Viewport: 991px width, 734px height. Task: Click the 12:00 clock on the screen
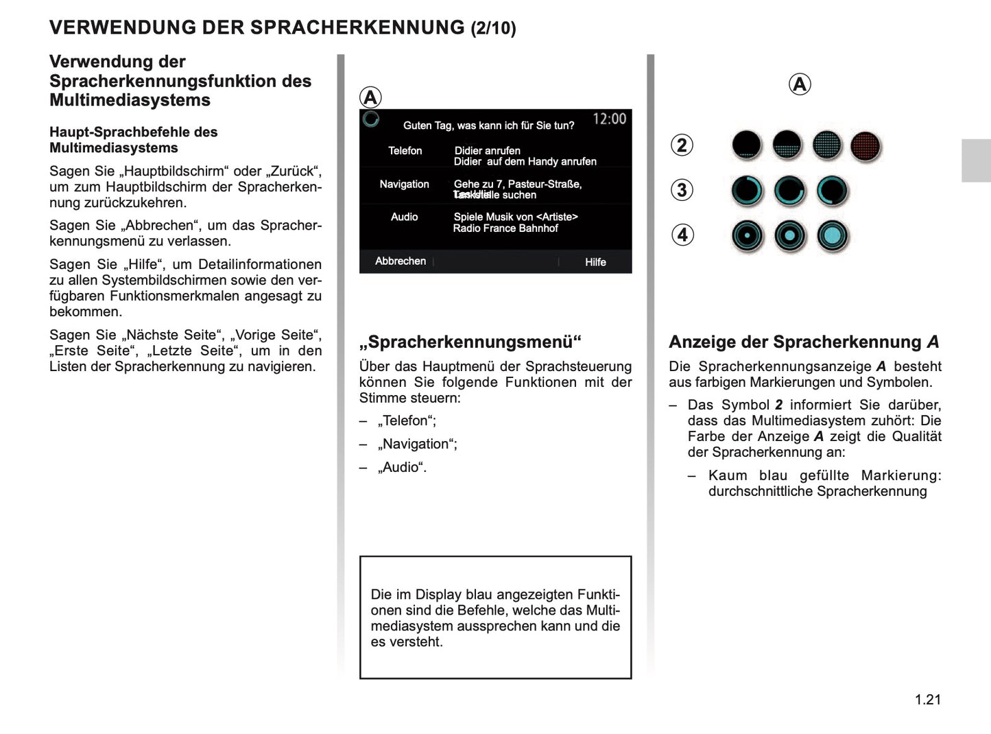[x=609, y=119]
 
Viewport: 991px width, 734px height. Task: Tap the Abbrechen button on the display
[x=400, y=261]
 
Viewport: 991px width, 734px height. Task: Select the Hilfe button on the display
[x=595, y=262]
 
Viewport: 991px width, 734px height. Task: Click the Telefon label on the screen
[x=405, y=151]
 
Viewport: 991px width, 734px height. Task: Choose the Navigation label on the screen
[x=404, y=185]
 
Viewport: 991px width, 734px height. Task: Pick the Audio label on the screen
[x=404, y=217]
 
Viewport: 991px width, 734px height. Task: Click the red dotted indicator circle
[x=865, y=146]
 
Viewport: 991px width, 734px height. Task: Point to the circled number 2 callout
[x=682, y=145]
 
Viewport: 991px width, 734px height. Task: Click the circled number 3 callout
[x=682, y=190]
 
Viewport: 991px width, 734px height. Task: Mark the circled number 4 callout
[x=682, y=235]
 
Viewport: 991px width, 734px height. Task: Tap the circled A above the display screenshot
[x=370, y=97]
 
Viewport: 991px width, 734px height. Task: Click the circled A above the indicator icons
[x=799, y=84]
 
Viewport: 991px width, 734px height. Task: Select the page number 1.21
[x=927, y=700]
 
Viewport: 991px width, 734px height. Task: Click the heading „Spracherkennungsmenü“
[x=470, y=342]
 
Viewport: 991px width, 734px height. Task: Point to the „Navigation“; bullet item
[x=417, y=444]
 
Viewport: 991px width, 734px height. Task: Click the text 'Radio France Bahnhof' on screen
[x=505, y=228]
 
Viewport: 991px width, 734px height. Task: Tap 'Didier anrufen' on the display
[x=487, y=151]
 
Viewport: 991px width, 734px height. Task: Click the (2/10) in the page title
[x=493, y=28]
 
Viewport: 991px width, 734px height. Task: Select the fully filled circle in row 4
[x=833, y=236]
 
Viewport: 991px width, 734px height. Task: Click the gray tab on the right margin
[x=975, y=161]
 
